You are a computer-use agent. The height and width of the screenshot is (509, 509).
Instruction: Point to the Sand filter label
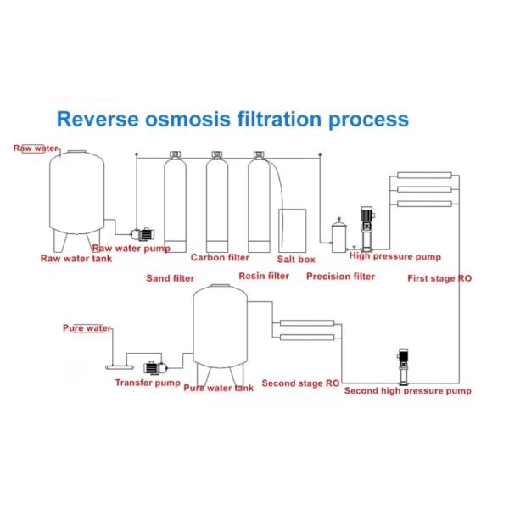click(170, 277)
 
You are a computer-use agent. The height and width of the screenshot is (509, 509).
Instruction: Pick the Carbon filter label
click(220, 258)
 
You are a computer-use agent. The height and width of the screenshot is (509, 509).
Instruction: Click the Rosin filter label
click(264, 276)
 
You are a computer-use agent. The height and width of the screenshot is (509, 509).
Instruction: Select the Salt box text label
click(296, 259)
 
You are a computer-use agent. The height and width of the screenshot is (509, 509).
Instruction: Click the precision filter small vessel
click(339, 232)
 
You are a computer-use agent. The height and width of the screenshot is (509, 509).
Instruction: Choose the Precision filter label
click(340, 277)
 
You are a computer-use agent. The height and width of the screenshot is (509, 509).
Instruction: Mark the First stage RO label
click(439, 278)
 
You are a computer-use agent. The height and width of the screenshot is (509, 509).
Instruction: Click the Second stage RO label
click(300, 383)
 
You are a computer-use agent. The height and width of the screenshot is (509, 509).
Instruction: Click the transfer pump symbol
click(155, 368)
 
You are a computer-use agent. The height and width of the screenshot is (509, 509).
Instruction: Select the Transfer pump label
click(148, 383)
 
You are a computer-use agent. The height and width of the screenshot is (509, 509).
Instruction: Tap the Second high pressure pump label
click(407, 391)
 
